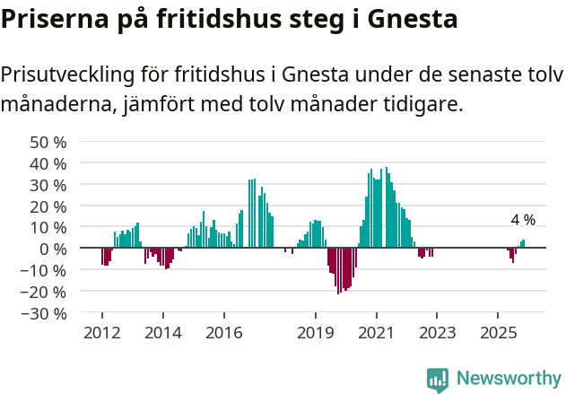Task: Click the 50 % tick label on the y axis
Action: [48, 142]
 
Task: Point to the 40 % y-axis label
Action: [48, 163]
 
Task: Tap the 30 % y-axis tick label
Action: [48, 185]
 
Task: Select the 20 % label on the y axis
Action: [48, 206]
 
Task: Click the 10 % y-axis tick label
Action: [48, 228]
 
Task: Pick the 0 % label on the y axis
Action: [53, 249]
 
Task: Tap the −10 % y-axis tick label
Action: [45, 270]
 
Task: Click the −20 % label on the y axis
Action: [45, 292]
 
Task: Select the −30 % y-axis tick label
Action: [45, 313]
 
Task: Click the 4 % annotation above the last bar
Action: [523, 220]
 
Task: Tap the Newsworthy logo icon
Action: [438, 379]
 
